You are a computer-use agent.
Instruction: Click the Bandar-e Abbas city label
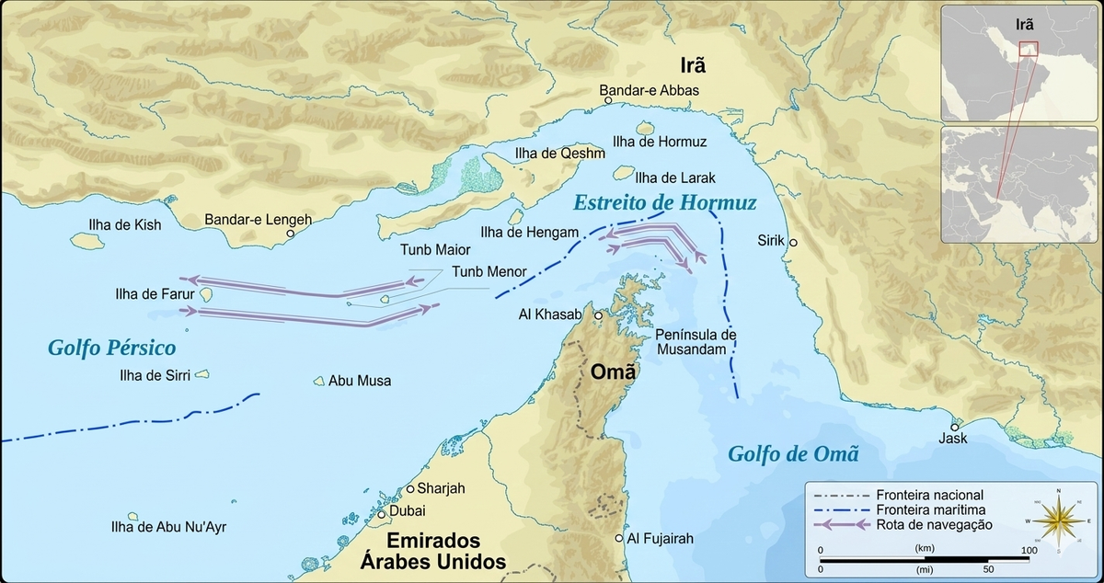649,90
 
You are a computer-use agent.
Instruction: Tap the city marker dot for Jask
955,427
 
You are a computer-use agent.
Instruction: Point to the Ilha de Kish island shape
86,240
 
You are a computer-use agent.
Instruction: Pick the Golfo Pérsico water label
112,349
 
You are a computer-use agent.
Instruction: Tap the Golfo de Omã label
792,453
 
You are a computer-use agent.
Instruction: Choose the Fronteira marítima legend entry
935,509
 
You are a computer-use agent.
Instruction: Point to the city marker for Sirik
793,243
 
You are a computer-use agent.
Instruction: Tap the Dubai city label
408,510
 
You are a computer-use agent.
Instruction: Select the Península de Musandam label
696,340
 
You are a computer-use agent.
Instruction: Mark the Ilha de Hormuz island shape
646,130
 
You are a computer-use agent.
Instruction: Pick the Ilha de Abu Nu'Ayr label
167,527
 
